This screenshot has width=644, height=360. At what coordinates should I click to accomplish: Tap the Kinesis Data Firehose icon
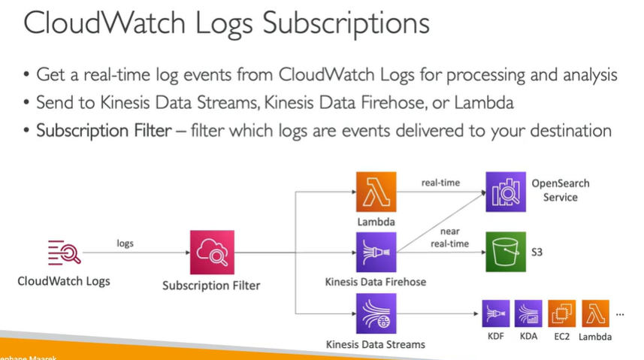(x=376, y=253)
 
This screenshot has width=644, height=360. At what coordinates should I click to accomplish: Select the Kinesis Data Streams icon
(x=376, y=315)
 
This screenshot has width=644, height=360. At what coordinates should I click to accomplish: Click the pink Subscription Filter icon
(x=211, y=253)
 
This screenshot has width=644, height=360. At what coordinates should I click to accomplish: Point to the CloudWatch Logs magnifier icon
(x=64, y=253)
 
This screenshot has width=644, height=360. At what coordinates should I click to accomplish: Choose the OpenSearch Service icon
(x=506, y=191)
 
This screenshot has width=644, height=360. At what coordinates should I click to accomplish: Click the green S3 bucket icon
(x=506, y=253)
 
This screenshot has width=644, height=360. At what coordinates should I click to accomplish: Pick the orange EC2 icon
(x=562, y=313)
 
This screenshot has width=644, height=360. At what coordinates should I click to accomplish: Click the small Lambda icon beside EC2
(x=594, y=313)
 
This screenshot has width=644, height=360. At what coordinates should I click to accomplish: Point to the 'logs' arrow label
(x=125, y=243)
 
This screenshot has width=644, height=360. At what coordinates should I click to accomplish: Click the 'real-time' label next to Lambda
(x=440, y=182)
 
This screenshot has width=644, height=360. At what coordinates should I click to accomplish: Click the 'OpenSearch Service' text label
(x=561, y=190)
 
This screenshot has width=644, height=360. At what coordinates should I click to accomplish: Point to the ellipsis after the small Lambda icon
(x=621, y=313)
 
